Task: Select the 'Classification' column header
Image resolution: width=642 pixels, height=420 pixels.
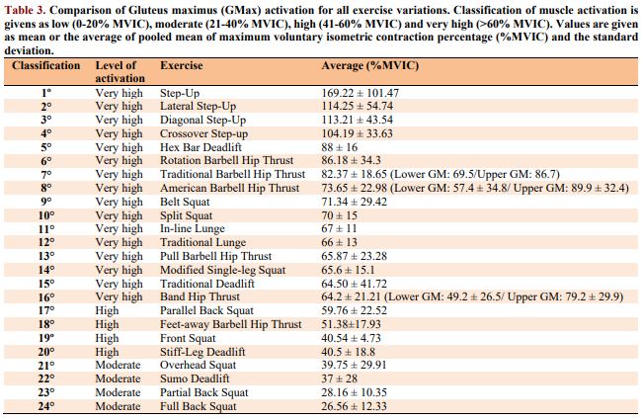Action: [45, 66]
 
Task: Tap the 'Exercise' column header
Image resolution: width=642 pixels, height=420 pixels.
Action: [182, 66]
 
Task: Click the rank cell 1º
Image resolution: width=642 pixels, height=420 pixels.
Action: [45, 92]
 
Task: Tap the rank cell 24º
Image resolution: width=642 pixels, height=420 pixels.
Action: [45, 406]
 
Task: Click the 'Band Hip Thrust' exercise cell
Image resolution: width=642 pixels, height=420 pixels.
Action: [200, 296]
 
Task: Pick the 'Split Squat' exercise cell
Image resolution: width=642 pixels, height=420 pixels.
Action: [188, 214]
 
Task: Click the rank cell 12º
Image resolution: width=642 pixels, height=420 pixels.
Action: [45, 242]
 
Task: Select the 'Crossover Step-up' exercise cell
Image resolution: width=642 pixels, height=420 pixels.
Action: [204, 132]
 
